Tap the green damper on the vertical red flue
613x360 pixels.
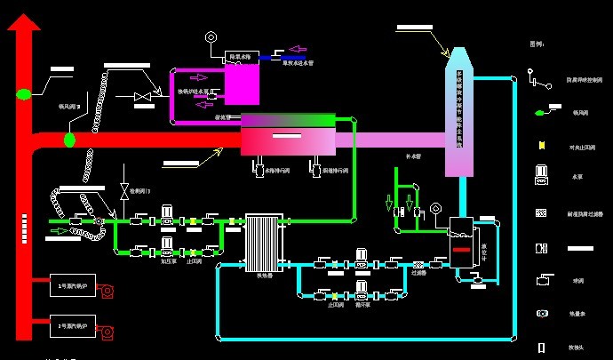pos(24,93)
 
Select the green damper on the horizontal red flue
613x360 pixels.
pos(69,140)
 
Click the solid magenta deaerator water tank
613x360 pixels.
pos(241,85)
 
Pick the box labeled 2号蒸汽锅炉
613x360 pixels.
pos(73,327)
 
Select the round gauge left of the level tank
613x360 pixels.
pos(435,211)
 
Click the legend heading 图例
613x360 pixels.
pos(537,44)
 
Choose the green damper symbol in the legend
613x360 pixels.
pos(539,113)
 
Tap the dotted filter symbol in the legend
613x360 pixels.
pos(539,213)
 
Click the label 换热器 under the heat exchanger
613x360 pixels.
pos(263,276)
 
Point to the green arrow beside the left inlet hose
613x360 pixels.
pos(60,230)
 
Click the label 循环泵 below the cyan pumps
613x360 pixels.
pos(362,304)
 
